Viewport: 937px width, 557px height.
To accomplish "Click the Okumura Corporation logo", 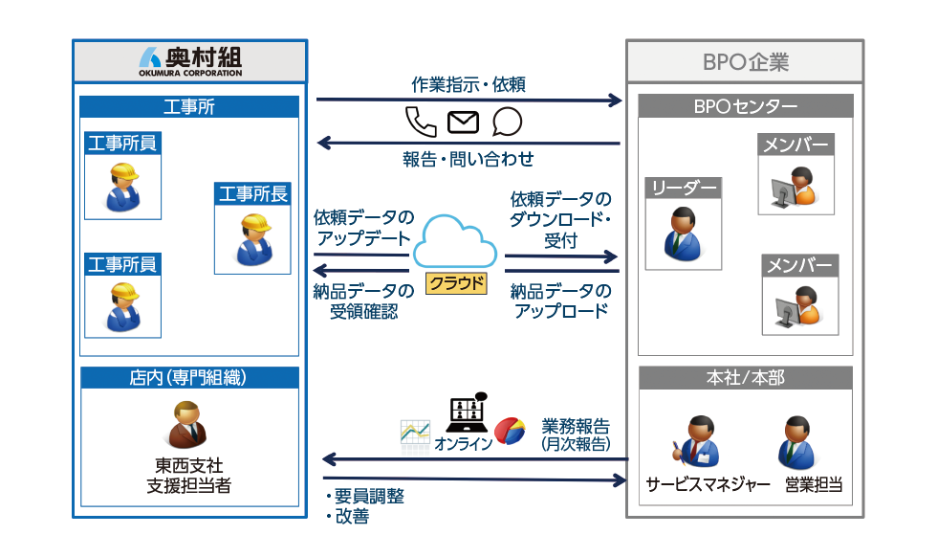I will click(190, 60).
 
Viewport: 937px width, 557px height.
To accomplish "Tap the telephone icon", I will click(420, 122).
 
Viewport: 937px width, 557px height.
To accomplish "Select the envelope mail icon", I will click(463, 122).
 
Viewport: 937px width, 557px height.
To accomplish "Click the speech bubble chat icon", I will click(507, 122).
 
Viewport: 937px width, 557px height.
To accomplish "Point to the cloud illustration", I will click(456, 242).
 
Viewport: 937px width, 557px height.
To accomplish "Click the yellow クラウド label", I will click(456, 283).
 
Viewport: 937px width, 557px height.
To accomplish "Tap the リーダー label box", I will click(683, 189).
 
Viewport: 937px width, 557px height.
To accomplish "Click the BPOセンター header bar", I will click(745, 106).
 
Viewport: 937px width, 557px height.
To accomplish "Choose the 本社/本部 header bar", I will click(745, 378).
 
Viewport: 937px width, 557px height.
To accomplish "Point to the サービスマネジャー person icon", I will click(700, 441).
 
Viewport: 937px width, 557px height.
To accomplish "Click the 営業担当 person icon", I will click(796, 441).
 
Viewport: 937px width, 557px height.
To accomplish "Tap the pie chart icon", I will click(508, 431).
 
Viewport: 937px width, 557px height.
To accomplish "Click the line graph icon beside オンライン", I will click(415, 432).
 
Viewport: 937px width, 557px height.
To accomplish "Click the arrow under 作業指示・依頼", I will click(468, 99).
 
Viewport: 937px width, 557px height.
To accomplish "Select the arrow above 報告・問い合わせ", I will click(468, 144).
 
